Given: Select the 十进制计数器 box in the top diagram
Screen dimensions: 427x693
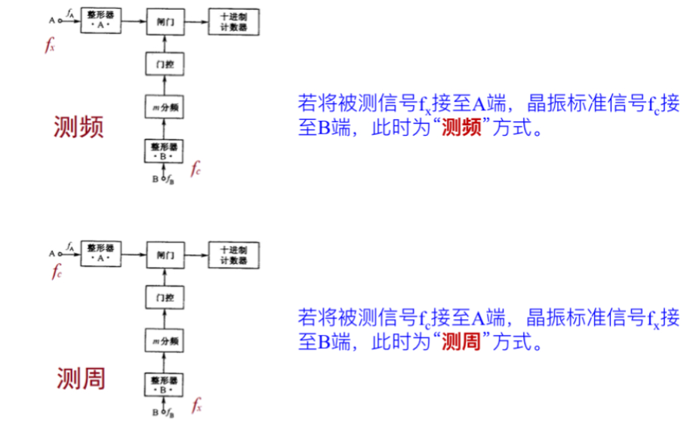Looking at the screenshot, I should tap(233, 23).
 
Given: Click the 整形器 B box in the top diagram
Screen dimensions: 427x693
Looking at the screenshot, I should tap(164, 151).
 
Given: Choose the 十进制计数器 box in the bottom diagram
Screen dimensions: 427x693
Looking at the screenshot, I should tap(233, 255).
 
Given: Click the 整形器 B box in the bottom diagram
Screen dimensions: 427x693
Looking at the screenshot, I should tap(164, 384).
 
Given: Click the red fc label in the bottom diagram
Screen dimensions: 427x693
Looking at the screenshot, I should tap(57, 272).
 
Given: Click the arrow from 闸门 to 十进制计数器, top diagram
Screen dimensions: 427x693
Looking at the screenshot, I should tap(196, 23).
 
